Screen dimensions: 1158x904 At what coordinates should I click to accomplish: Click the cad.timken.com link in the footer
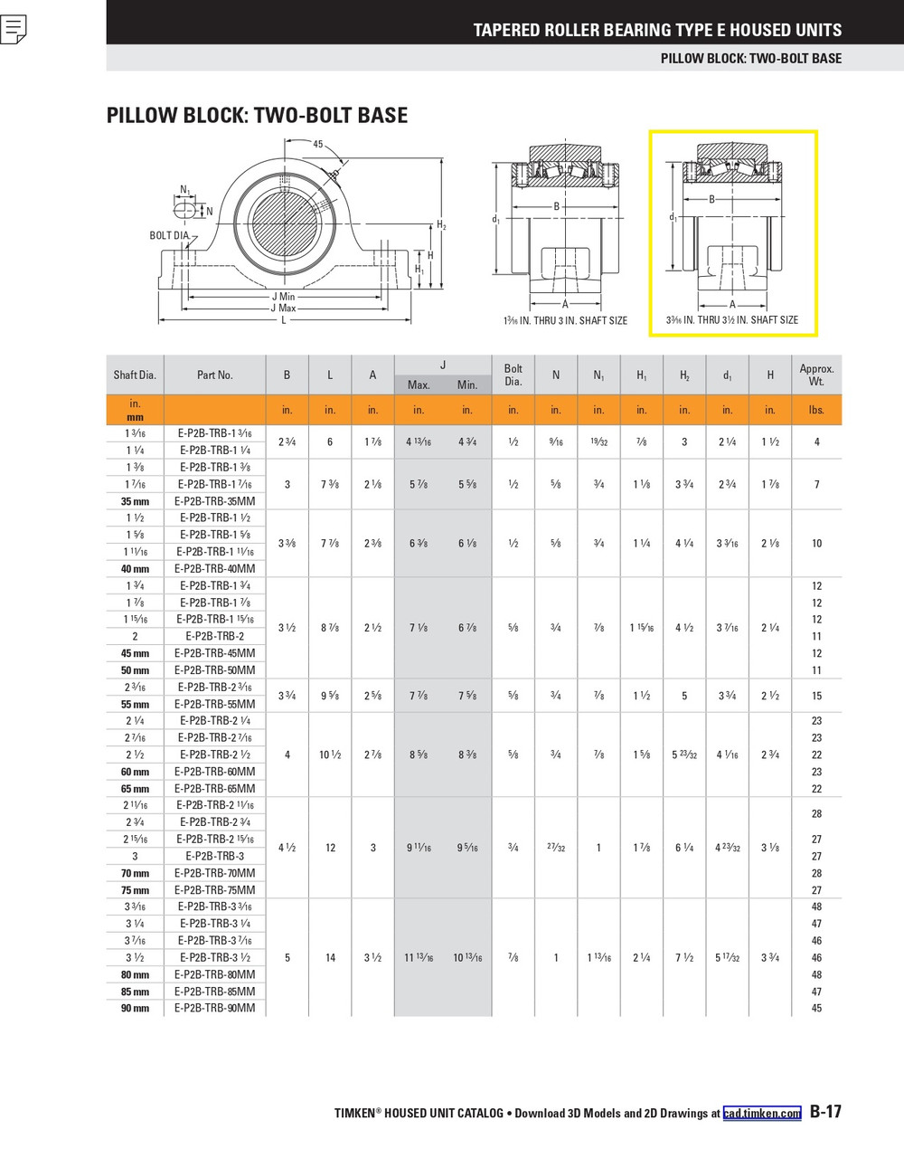pyautogui.click(x=761, y=1113)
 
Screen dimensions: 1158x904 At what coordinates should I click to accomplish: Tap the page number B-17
pyautogui.click(x=825, y=1112)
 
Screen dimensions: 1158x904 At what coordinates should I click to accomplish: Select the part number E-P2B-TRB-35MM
pyautogui.click(x=214, y=501)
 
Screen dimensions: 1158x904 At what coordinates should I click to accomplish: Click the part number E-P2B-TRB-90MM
pyautogui.click(x=214, y=1008)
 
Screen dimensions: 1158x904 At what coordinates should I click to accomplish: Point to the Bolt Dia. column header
pyautogui.click(x=513, y=375)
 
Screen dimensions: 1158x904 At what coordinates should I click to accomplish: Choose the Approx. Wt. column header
pyautogui.click(x=816, y=375)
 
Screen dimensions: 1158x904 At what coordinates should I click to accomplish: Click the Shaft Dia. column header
pyautogui.click(x=135, y=375)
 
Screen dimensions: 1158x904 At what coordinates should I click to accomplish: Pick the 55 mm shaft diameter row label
pyautogui.click(x=135, y=704)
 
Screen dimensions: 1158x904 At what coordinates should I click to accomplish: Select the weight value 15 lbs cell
pyautogui.click(x=816, y=696)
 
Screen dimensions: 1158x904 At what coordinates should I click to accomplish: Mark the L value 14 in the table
pyautogui.click(x=330, y=957)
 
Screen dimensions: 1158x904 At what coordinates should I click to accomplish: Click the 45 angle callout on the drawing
pyautogui.click(x=317, y=145)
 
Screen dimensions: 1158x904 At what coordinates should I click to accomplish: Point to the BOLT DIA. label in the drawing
pyautogui.click(x=169, y=236)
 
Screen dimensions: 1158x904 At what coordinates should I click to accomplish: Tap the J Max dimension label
pyautogui.click(x=284, y=308)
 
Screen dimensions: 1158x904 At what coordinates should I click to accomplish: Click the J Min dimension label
pyautogui.click(x=284, y=297)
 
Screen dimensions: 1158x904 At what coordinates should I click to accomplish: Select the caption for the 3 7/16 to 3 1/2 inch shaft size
pyautogui.click(x=732, y=319)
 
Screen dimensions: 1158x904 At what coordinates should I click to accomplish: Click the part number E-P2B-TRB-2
pyautogui.click(x=214, y=636)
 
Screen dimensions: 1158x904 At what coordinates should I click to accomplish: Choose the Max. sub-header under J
pyautogui.click(x=419, y=385)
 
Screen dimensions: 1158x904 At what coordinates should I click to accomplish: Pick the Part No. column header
pyautogui.click(x=214, y=375)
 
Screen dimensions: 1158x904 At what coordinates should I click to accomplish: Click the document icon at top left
pyautogui.click(x=14, y=30)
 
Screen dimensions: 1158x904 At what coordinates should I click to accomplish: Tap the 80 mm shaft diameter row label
pyautogui.click(x=135, y=974)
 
